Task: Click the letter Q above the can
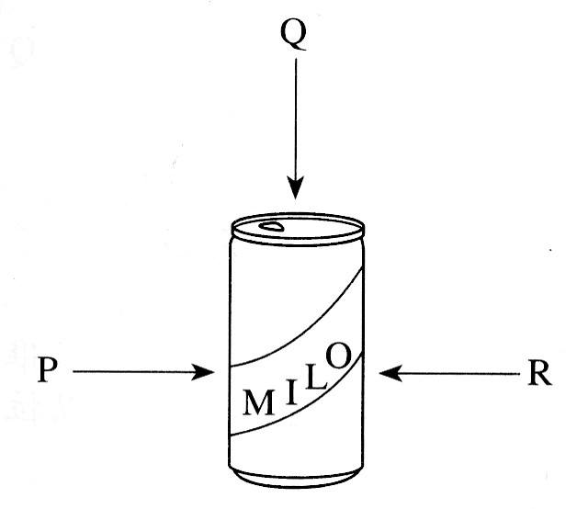click(x=294, y=36)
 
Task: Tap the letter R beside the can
click(x=539, y=374)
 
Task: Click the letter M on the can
click(x=258, y=402)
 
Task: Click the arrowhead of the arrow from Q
click(x=294, y=190)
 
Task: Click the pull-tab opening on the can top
click(x=273, y=225)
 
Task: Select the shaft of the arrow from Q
click(x=294, y=119)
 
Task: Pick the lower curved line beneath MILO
click(x=303, y=413)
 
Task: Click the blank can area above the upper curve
click(x=276, y=285)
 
